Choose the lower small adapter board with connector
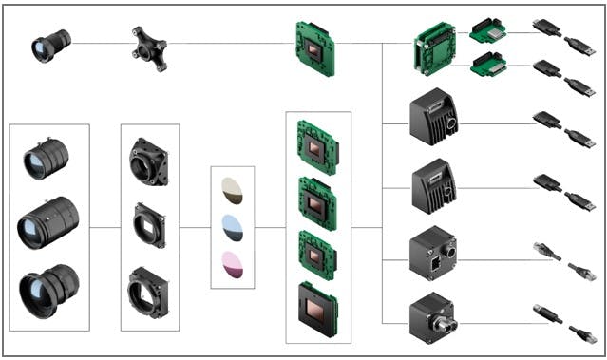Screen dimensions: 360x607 (x=487, y=66)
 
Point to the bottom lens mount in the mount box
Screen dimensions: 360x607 (x=149, y=291)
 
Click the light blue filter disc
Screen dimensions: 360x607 (x=231, y=227)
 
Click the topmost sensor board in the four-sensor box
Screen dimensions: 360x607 (x=316, y=141)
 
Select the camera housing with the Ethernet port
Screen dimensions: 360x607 (x=432, y=252)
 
